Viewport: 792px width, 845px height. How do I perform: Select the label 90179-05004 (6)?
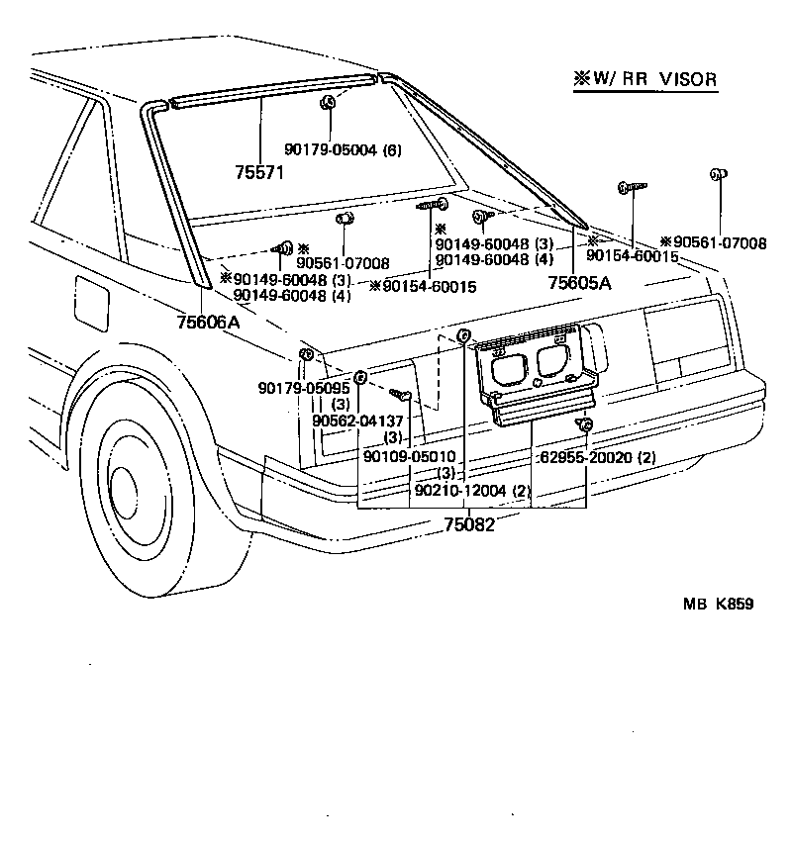343,148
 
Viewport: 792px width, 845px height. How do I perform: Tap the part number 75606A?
209,322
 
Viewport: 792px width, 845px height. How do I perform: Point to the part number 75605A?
580,282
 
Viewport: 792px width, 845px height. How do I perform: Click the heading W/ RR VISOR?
644,79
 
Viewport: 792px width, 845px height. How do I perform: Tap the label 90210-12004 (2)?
473,491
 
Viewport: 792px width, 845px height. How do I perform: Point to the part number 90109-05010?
409,456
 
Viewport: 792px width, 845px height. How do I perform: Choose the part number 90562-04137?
356,421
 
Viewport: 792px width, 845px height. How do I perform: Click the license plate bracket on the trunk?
535,376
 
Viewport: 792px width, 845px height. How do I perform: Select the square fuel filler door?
91,303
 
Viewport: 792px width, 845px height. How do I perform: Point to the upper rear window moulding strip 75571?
267,88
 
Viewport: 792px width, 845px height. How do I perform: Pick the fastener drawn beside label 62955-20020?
585,426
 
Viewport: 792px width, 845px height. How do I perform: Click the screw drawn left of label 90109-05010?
401,395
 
